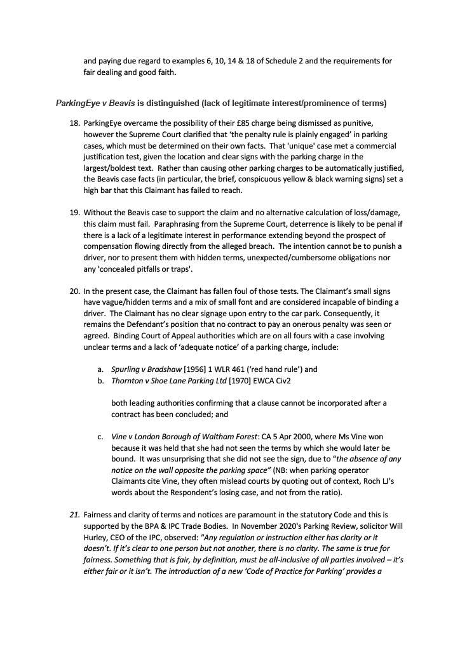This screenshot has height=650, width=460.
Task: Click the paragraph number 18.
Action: tap(74, 121)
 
